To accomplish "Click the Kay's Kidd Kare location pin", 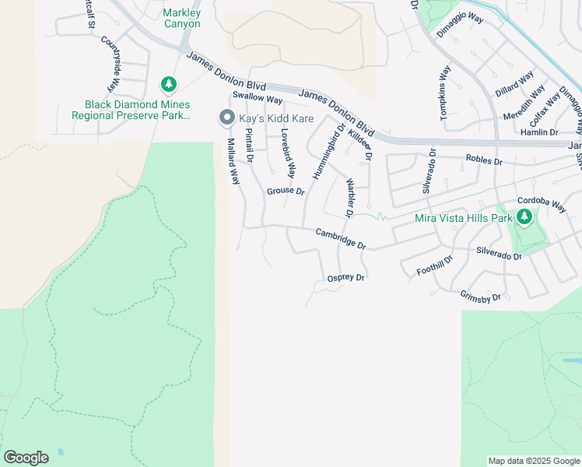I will click(226, 118).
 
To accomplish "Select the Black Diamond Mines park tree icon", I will click(167, 83).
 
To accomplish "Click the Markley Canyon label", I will click(182, 18).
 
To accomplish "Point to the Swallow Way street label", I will click(257, 100).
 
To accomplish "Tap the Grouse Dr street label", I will click(286, 191).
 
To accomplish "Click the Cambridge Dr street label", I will click(341, 238).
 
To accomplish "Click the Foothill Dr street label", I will click(435, 265).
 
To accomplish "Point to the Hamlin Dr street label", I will click(538, 132).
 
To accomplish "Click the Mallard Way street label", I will click(233, 161).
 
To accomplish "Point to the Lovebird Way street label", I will click(288, 153).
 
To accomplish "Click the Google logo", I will click(26, 458).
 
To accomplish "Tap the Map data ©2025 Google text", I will click(533, 461).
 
